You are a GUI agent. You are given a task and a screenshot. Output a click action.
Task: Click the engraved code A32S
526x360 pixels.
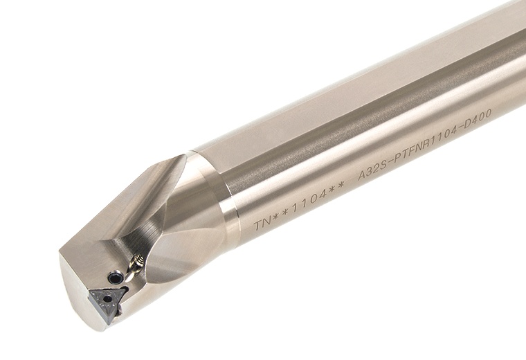(x=371, y=176)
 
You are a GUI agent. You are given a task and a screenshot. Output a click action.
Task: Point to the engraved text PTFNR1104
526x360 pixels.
(x=424, y=152)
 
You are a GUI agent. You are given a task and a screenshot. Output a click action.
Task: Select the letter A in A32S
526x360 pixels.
(x=360, y=181)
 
